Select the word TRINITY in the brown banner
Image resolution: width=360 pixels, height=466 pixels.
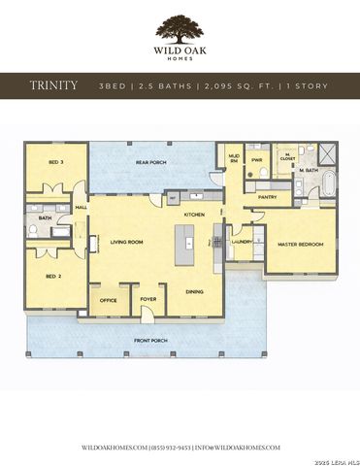click(54, 85)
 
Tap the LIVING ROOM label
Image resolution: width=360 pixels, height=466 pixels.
click(126, 242)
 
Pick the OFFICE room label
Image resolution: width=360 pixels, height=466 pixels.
click(109, 300)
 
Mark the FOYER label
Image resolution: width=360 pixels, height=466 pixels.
click(148, 300)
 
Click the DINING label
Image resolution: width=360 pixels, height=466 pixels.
click(194, 291)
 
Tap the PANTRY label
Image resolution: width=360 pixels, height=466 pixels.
click(267, 197)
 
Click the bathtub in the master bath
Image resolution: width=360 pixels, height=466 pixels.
click(327, 181)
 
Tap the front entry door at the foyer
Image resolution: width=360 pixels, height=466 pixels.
click(148, 316)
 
